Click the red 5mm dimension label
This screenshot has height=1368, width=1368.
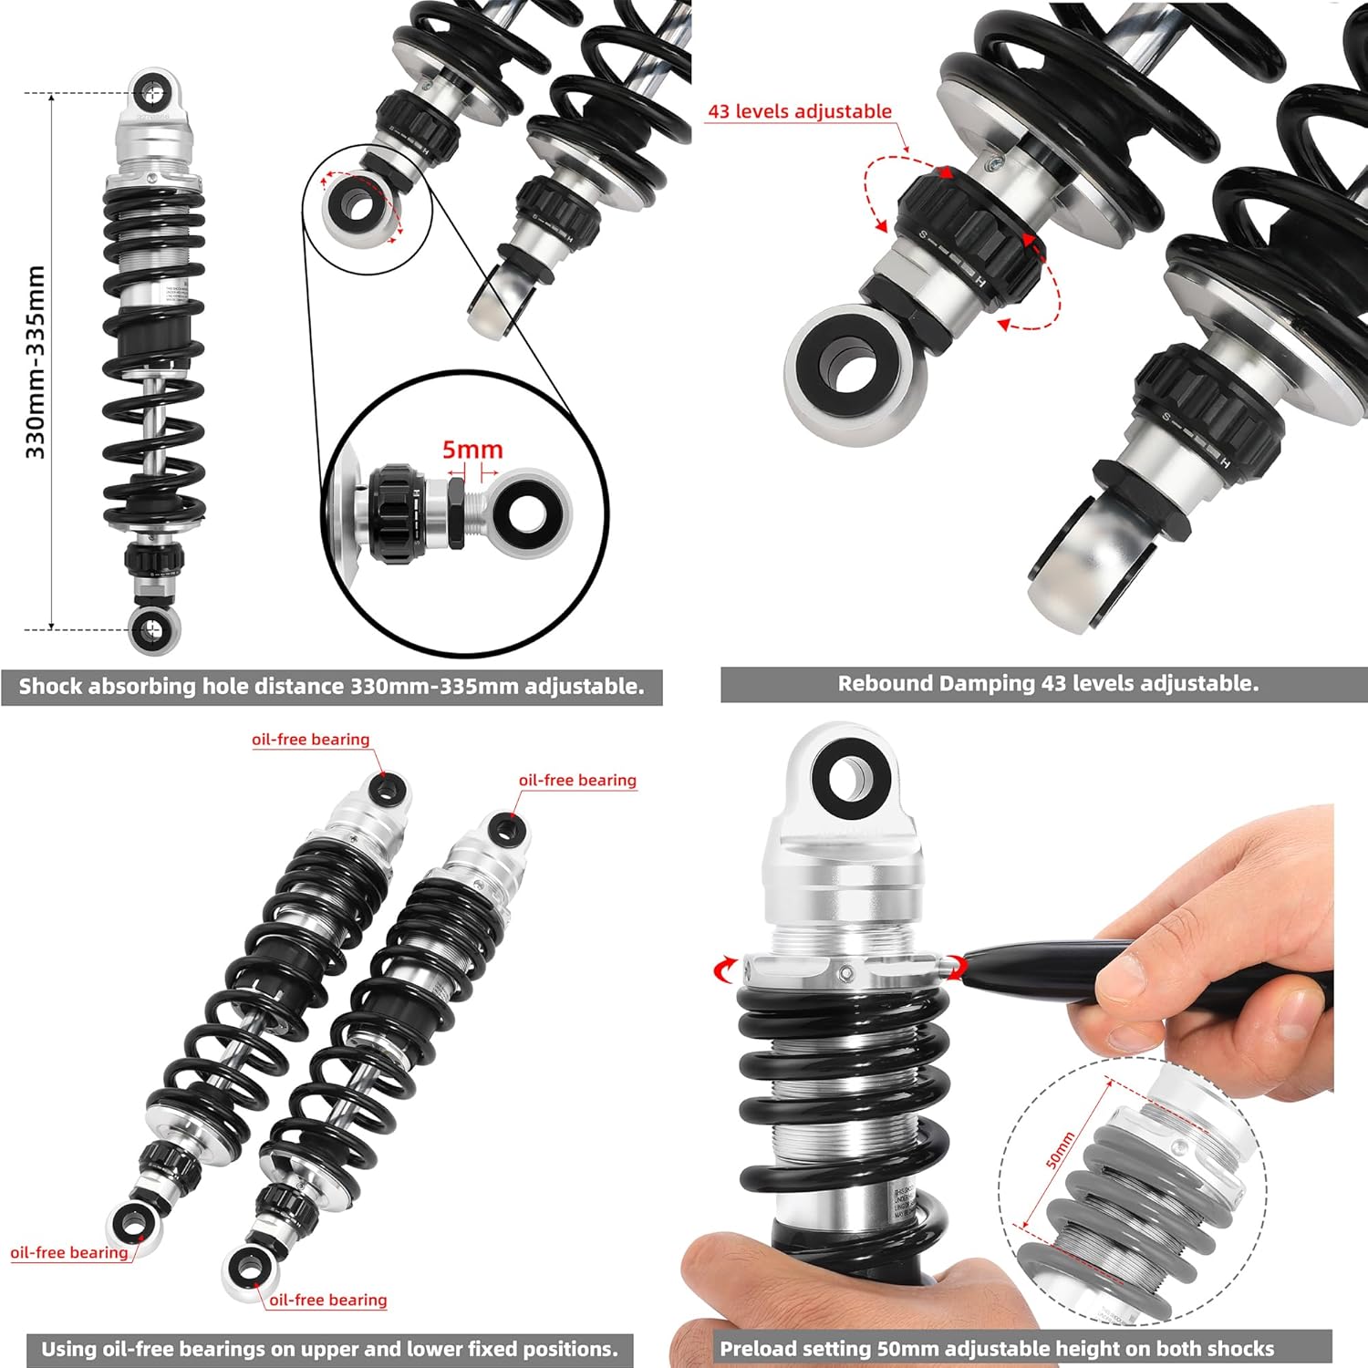click(472, 450)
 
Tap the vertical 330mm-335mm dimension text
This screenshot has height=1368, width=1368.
click(35, 362)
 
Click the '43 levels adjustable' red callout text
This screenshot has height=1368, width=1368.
click(800, 111)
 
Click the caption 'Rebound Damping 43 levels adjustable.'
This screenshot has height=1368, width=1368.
click(1047, 683)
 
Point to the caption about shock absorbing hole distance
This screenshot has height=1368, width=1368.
click(331, 687)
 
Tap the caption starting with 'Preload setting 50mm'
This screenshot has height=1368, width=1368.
click(997, 1348)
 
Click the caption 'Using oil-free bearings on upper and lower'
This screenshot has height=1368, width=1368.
click(329, 1348)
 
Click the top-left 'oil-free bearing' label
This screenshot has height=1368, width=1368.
click(311, 740)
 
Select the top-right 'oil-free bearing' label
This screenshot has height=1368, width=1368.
click(577, 780)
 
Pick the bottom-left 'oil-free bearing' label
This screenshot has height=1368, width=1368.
click(69, 1252)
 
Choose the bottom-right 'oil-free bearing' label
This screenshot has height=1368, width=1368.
click(328, 1300)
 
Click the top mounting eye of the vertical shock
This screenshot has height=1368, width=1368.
click(151, 92)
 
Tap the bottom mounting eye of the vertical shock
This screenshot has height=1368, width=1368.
click(151, 628)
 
